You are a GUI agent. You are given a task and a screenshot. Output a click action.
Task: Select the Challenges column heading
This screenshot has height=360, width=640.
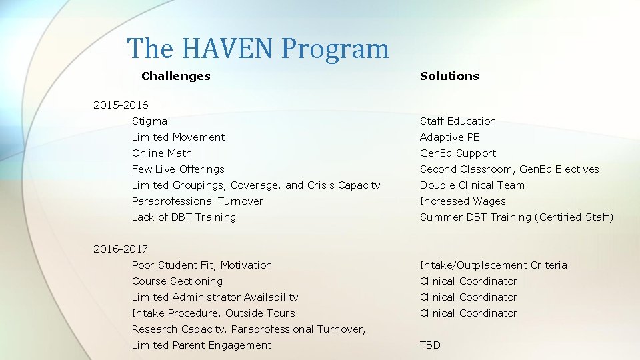176,76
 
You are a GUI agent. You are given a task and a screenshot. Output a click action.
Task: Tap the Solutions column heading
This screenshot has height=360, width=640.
449,76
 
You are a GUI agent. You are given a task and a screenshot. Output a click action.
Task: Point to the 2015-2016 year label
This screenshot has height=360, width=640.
121,105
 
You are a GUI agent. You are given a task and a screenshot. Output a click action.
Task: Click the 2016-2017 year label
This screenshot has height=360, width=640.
121,249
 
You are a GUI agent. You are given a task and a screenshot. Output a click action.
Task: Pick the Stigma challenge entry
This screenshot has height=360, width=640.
149,121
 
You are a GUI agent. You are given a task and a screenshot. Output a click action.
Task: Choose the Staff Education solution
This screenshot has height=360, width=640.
458,121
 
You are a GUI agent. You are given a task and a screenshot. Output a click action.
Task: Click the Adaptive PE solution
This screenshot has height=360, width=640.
449,137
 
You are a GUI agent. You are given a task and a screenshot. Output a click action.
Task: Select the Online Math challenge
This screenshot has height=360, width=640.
162,153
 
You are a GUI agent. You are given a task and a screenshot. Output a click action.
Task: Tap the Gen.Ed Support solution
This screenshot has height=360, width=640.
458,153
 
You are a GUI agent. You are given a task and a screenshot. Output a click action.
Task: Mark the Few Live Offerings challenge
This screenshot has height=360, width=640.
178,169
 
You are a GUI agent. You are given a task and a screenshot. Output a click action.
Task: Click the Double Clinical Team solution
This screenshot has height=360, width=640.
472,185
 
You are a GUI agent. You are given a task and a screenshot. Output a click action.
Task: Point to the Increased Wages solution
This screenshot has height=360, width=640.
463,201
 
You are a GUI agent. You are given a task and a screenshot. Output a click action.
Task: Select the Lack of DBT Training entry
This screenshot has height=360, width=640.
183,217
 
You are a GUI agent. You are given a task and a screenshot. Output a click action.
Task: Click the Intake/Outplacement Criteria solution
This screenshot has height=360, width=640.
493,265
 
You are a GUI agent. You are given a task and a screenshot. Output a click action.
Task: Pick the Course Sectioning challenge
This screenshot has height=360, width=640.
177,281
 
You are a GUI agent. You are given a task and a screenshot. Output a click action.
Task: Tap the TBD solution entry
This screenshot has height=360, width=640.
430,345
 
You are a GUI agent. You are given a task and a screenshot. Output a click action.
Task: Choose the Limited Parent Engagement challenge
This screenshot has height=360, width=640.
201,345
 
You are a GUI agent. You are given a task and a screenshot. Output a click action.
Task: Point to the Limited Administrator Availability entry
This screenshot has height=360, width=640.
215,297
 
